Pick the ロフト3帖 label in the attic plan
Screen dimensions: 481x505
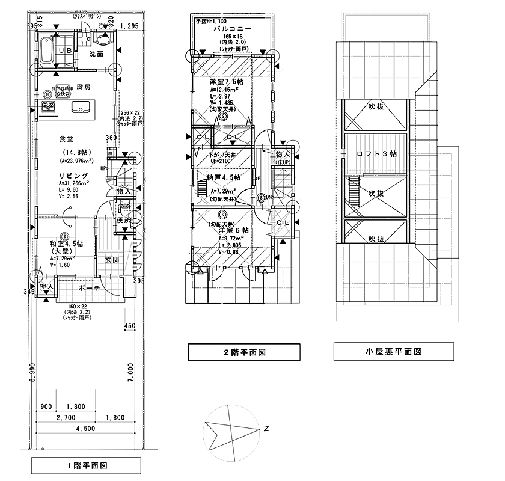pyautogui.click(x=376, y=154)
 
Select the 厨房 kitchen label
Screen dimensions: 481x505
pyautogui.click(x=83, y=87)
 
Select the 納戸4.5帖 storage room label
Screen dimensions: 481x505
pyautogui.click(x=223, y=178)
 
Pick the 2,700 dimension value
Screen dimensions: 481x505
pyautogui.click(x=66, y=417)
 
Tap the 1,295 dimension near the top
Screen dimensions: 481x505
pyautogui.click(x=129, y=26)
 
